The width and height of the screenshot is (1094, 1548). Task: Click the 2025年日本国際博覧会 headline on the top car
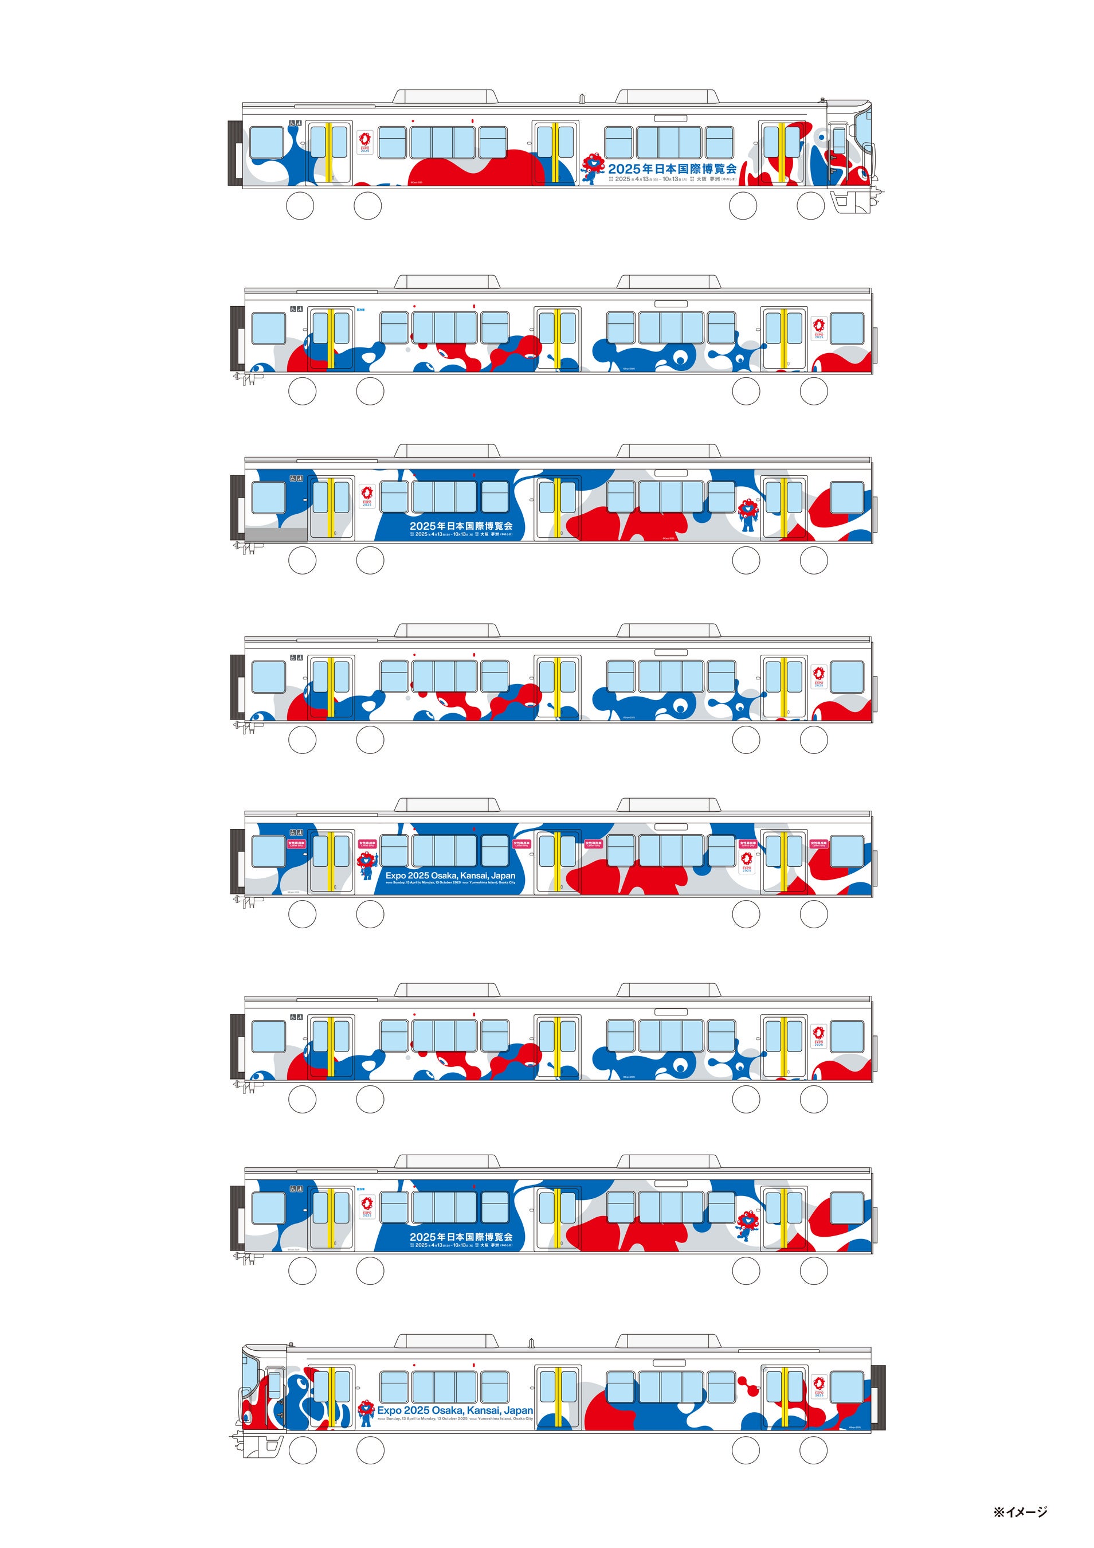tap(672, 169)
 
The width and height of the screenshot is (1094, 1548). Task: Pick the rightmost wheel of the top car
tap(811, 206)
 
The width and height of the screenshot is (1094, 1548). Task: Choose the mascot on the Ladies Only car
tap(367, 866)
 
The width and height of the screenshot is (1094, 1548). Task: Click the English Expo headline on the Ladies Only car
tap(450, 875)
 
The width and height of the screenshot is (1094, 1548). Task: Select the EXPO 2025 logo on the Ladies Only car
tap(746, 862)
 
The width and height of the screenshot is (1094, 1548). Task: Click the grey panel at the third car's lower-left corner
tap(277, 534)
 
